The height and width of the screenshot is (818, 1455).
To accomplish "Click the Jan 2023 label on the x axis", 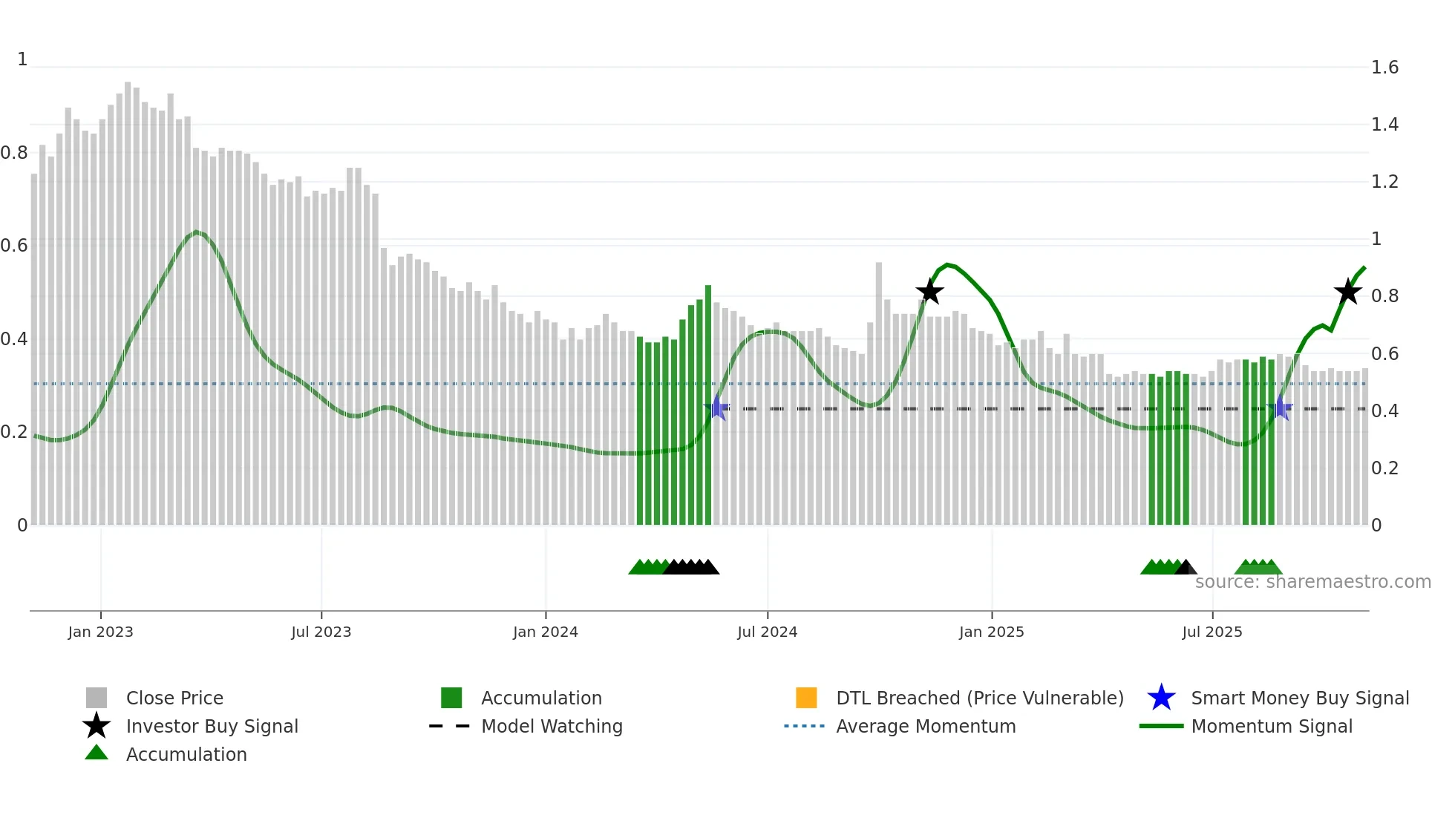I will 100,632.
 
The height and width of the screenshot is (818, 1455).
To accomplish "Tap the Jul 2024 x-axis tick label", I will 767,632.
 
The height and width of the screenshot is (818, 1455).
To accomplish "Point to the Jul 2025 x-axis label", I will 1212,632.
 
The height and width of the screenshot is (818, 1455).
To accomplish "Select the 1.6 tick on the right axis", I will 1384,68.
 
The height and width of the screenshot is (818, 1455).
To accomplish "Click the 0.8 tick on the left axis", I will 14,153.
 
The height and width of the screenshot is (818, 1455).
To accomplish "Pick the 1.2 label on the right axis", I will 1384,182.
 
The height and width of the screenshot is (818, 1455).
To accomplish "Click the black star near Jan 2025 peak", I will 929,292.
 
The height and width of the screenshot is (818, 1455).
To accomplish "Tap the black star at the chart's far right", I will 1347,292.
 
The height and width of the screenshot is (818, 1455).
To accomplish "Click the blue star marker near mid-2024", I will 717,408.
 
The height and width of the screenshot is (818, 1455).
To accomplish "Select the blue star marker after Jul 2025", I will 1281,408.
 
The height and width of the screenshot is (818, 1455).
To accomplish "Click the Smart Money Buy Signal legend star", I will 1161,698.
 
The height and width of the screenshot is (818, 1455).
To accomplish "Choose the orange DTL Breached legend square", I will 806,698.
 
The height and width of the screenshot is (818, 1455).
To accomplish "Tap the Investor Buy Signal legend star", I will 97,726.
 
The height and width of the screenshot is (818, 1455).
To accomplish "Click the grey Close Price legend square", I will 97,698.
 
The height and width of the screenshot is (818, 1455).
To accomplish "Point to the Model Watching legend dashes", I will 449,726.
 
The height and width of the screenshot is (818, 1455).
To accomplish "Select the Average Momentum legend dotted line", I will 804,726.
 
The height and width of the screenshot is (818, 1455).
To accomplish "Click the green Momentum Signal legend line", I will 1161,726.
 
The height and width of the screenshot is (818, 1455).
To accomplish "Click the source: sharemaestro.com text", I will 1312,582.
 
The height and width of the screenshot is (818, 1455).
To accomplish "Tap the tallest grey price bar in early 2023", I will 128,297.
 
